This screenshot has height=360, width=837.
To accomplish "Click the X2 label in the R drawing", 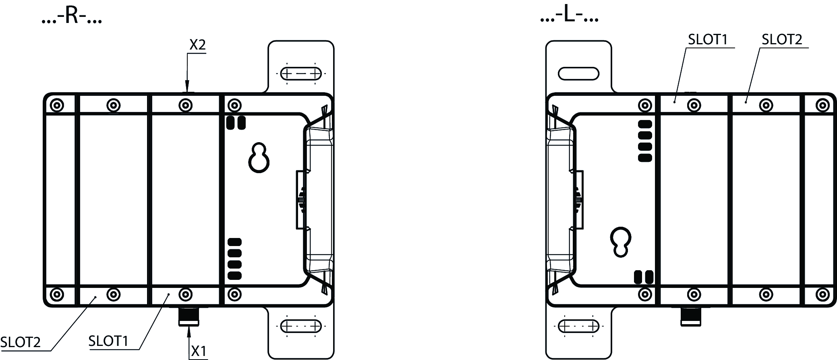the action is [197, 45].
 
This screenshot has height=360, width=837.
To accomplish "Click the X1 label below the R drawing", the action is [199, 351].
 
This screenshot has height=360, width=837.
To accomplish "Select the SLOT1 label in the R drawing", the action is [108, 341].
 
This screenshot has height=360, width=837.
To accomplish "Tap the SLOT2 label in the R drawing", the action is [21, 342].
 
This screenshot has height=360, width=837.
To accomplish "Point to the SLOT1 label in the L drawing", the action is [708, 39].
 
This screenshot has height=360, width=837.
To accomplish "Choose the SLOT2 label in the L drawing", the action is [782, 39].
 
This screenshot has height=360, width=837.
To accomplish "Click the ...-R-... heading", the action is [72, 17].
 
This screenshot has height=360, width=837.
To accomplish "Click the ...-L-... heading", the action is [569, 16].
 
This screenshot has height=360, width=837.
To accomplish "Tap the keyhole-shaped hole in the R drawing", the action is [259, 157].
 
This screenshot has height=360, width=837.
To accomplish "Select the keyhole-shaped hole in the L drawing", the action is [621, 242].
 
